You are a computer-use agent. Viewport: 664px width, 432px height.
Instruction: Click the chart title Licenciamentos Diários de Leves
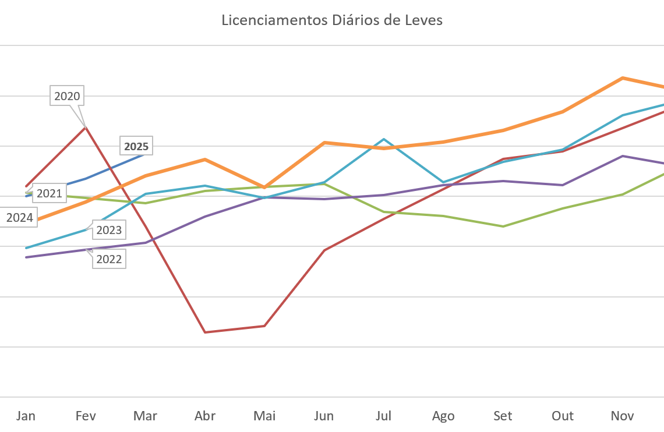332,20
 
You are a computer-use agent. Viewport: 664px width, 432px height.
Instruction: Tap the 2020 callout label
67,96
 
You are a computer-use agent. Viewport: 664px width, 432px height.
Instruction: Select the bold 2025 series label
136,146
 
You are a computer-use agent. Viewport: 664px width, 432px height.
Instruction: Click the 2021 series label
49,193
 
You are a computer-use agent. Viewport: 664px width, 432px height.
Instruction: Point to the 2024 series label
19,218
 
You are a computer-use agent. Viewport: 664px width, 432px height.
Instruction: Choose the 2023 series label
109,230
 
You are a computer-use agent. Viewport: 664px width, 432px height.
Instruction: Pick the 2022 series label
109,259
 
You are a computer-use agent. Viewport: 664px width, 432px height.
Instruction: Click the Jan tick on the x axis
26,416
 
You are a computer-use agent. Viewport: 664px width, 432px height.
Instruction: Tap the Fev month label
86,416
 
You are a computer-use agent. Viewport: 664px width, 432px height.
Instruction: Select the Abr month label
205,416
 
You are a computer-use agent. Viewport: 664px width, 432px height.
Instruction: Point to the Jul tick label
383,416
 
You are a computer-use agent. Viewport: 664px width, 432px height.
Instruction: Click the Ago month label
443,416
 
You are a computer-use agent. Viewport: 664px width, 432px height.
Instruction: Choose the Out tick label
563,416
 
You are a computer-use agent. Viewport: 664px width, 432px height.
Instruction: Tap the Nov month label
622,416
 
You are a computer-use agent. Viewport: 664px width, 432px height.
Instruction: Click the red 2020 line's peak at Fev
86,126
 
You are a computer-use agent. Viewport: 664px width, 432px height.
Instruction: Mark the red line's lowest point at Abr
205,332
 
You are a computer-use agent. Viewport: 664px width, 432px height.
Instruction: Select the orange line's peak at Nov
623,77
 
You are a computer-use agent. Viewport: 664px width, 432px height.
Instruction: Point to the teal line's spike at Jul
383,139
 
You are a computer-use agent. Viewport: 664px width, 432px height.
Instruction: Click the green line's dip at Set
503,226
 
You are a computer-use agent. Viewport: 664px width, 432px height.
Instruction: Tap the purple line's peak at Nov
623,156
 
